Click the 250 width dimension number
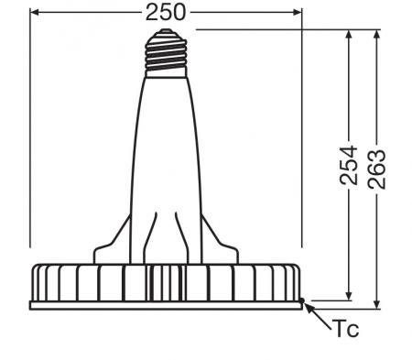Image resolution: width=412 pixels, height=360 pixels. (166, 12)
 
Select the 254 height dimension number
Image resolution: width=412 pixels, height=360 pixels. (349, 166)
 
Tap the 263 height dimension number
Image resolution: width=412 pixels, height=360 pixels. (378, 166)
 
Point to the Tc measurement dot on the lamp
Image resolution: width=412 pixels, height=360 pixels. (303, 299)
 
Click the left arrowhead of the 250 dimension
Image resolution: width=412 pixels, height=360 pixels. (35, 12)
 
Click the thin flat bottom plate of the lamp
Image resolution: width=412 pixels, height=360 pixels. (167, 304)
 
